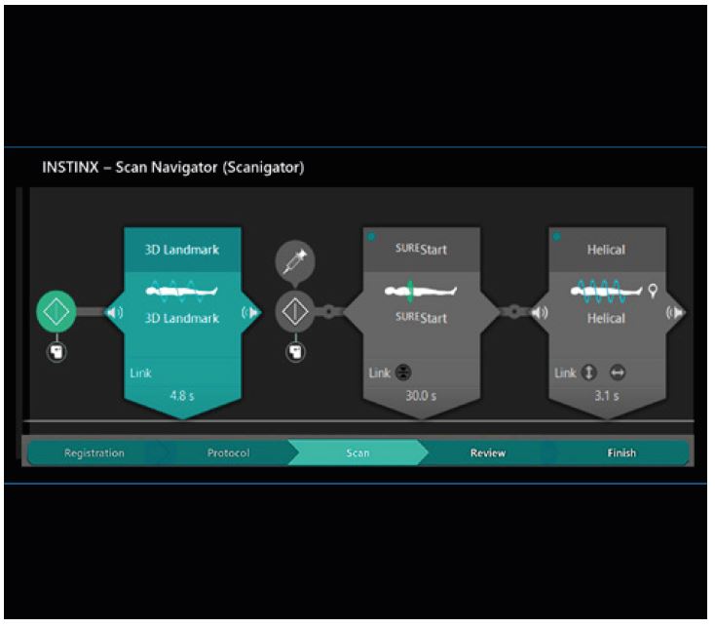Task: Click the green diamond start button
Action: [56, 312]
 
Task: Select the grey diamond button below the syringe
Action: [295, 312]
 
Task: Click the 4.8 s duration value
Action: [183, 397]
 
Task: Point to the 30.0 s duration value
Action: [421, 397]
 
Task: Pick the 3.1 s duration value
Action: [606, 397]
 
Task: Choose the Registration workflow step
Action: [94, 452]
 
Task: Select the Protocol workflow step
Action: [229, 452]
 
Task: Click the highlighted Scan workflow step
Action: [357, 452]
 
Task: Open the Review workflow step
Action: [488, 452]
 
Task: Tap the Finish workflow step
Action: [621, 452]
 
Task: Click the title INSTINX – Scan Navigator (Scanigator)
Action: [173, 168]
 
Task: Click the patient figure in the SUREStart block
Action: [421, 291]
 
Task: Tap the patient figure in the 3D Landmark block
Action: [183, 291]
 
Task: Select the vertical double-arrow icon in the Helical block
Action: [589, 373]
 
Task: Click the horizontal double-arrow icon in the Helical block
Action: [617, 373]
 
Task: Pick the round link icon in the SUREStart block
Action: [404, 373]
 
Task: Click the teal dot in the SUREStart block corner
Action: [371, 237]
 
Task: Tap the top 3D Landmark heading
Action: [183, 250]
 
